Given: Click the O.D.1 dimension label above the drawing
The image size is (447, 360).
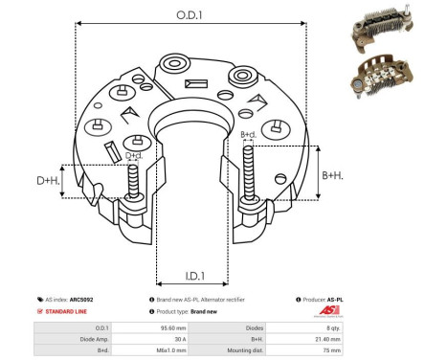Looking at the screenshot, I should (188, 15).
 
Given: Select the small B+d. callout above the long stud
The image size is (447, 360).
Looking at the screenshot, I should (248, 134).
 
